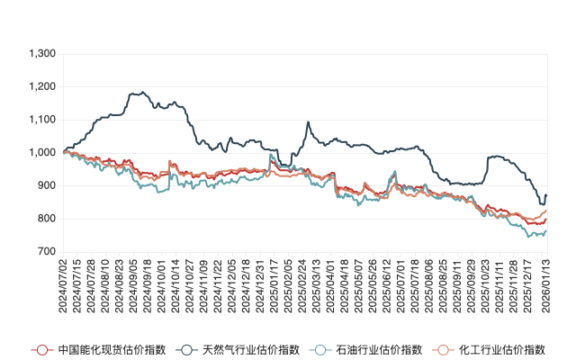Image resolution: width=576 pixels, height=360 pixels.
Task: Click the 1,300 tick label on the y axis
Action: (41, 54)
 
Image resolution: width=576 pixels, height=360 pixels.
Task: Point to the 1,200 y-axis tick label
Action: (41, 87)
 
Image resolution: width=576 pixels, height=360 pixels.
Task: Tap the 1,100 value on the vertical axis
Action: (41, 120)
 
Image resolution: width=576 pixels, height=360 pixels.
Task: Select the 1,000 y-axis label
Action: (41, 153)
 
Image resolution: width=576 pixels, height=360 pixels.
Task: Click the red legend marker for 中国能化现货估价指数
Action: (40, 349)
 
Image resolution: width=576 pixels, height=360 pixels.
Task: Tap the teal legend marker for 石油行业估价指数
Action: (319, 349)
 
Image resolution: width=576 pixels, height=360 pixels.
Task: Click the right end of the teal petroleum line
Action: (546, 230)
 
